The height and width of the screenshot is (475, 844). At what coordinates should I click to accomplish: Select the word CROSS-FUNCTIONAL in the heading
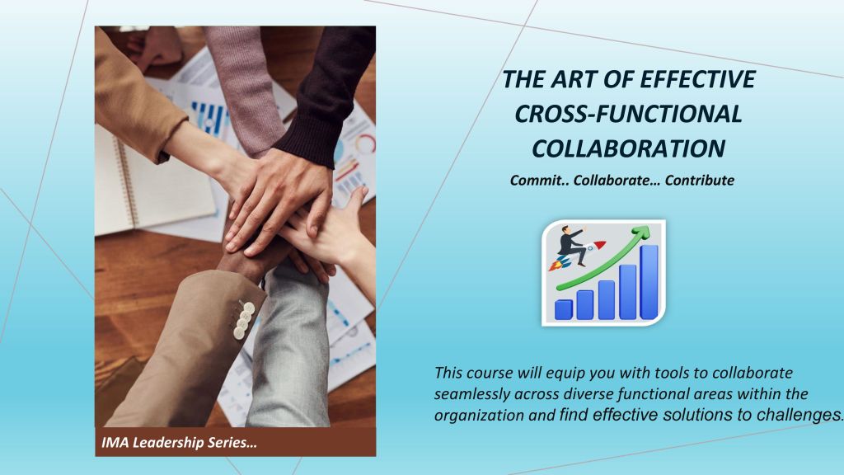(x=628, y=114)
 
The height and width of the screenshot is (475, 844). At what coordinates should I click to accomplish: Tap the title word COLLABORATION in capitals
(x=628, y=148)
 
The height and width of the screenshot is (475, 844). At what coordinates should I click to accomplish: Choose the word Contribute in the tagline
(x=699, y=181)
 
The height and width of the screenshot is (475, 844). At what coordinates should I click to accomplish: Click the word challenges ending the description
(x=799, y=415)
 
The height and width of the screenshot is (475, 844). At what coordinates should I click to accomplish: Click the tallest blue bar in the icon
(x=649, y=282)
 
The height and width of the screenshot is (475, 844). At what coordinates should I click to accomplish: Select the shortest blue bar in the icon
(x=564, y=309)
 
